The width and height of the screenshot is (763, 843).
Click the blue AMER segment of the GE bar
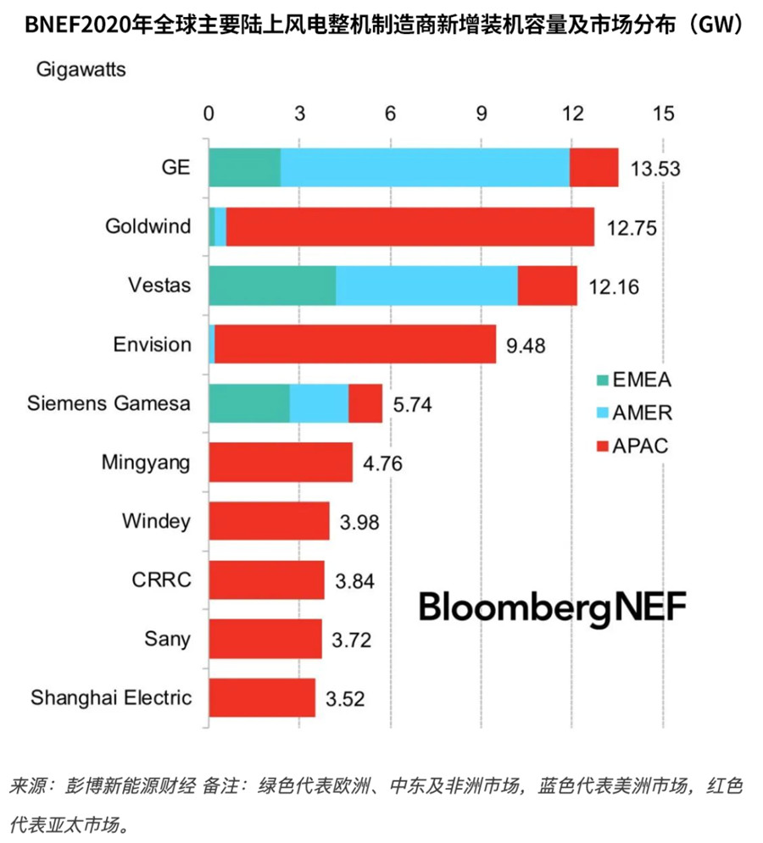[424, 167]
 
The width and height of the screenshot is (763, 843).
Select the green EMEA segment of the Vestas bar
[272, 286]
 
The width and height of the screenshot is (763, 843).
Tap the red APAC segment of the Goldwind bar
[409, 226]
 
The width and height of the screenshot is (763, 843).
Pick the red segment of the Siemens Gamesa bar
[365, 403]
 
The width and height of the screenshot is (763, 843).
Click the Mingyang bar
[281, 463]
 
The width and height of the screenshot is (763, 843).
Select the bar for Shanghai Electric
[262, 698]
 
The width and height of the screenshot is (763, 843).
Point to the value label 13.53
[656, 169]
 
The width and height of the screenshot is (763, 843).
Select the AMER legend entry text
[645, 413]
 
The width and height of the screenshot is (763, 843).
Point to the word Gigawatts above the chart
[81, 70]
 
